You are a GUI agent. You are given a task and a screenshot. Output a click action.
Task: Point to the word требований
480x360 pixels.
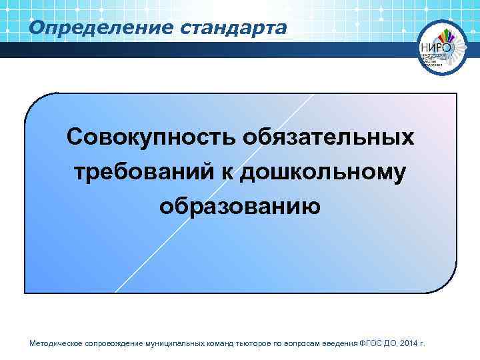141,172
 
